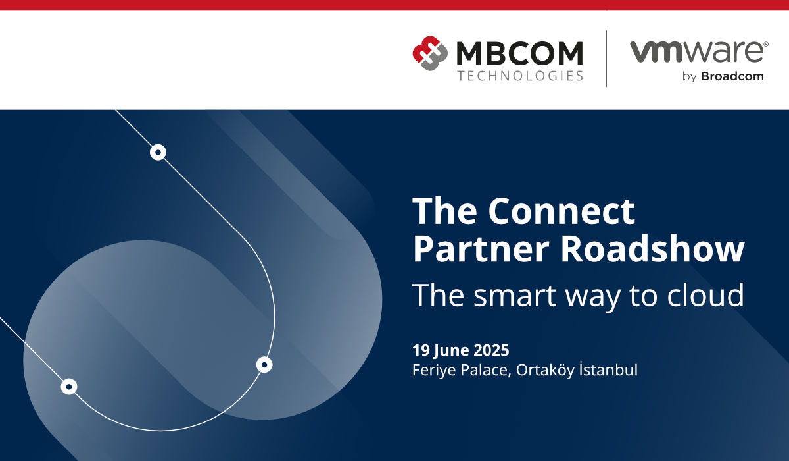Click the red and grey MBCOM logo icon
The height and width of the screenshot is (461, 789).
(x=430, y=53)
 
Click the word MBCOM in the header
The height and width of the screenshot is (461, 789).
(x=520, y=53)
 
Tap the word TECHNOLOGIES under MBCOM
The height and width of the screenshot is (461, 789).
(x=520, y=76)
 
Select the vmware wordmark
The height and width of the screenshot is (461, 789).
(x=698, y=52)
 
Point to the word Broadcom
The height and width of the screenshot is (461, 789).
(x=732, y=76)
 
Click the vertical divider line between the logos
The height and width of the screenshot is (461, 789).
(x=606, y=59)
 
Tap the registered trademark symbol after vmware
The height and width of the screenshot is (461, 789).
(x=766, y=44)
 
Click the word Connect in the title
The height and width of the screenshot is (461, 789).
(x=562, y=211)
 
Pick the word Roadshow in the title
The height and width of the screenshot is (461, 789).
(x=652, y=249)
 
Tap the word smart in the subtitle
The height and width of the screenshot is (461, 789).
(x=515, y=296)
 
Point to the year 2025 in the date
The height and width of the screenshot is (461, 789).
(x=491, y=350)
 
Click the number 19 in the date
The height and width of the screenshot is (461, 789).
(x=421, y=350)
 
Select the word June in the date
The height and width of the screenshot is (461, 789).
(x=451, y=351)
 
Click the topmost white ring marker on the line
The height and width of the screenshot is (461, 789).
(x=158, y=152)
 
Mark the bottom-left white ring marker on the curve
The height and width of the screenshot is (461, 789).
(x=69, y=387)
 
